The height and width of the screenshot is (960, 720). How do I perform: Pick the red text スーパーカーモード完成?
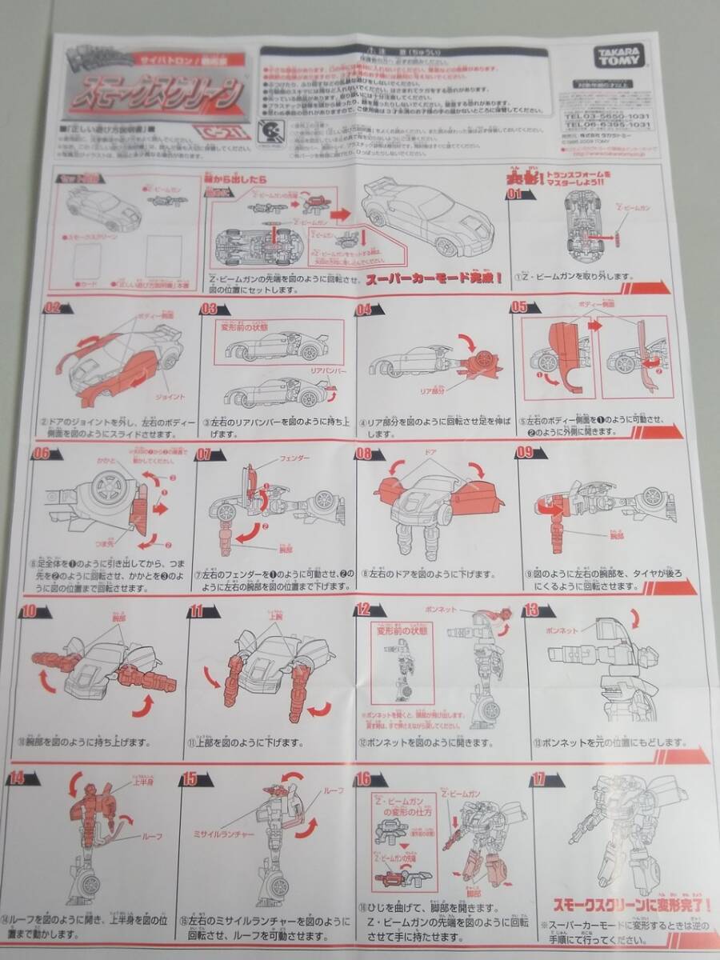(x=434, y=279)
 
